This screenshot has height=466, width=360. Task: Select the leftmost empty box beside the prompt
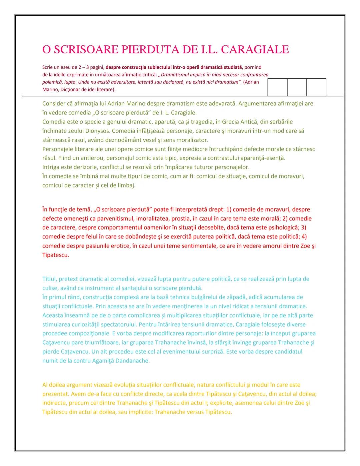[277, 87]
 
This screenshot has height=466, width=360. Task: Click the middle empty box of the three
[297, 87]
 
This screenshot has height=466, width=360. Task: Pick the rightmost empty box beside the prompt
[316, 87]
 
